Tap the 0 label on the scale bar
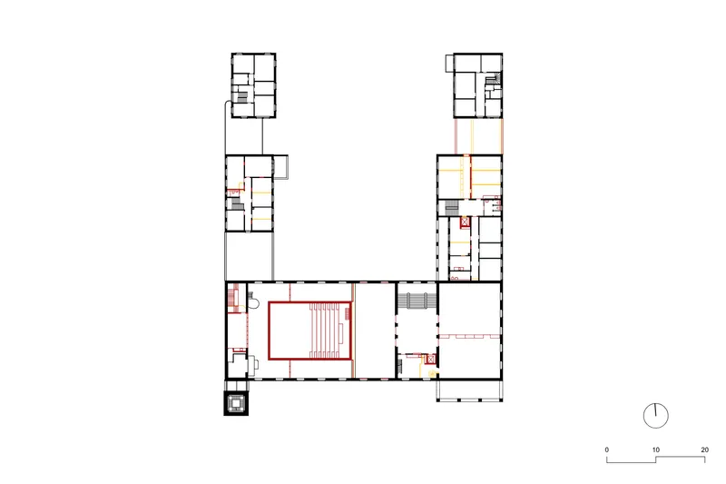[606, 449]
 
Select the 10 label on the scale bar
[655, 449]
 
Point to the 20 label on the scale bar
[705, 449]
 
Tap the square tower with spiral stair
[236, 403]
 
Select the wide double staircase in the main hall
[417, 301]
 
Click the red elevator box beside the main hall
[431, 359]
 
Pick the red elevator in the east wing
[465, 222]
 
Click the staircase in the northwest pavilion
[242, 97]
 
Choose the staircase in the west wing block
[237, 204]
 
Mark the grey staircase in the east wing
[451, 208]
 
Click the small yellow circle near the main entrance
[433, 373]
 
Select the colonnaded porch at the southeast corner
[469, 390]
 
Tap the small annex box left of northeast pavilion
[450, 63]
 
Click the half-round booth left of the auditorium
[253, 302]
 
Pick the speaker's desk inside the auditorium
[341, 331]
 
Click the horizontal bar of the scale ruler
[655, 459]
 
